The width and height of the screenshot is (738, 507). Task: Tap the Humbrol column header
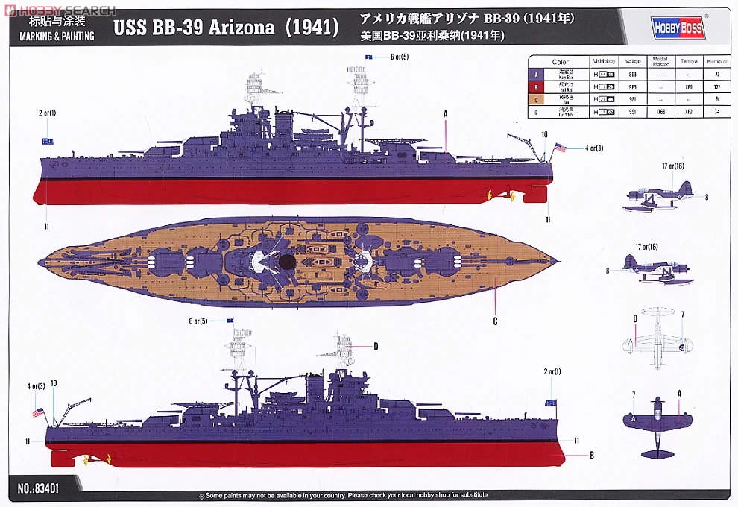tap(717, 63)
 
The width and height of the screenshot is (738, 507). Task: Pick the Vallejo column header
tap(633, 63)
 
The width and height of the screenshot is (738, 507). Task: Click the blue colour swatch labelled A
tap(534, 75)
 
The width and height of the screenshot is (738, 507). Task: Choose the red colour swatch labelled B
tap(534, 87)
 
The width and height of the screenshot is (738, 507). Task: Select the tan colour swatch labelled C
tap(534, 99)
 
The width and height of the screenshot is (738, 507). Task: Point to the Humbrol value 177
tap(717, 87)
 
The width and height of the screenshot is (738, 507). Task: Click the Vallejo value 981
tap(633, 99)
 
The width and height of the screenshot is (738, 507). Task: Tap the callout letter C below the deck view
tap(495, 322)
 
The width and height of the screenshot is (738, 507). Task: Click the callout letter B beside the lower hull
tap(591, 454)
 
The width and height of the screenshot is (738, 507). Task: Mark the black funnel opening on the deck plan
tap(286, 262)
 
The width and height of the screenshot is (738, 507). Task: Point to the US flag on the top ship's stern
tap(559, 148)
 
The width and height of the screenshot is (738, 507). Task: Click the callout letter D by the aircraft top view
tap(635, 319)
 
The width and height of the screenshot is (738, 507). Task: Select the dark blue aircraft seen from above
tap(657, 425)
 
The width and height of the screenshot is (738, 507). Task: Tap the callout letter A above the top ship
tap(445, 114)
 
